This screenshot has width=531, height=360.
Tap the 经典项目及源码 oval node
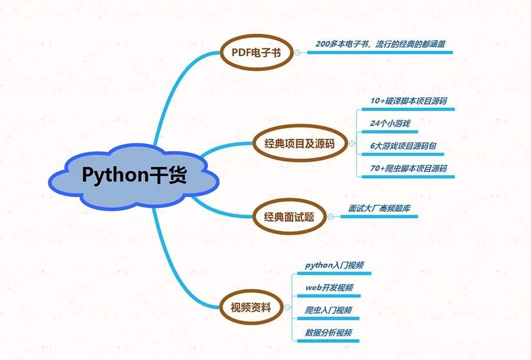pyautogui.click(x=301, y=142)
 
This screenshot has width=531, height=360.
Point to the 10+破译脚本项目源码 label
pyautogui.click(x=408, y=101)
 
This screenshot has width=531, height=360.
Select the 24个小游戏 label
pyautogui.click(x=390, y=123)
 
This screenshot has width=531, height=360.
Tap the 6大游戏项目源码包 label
pyautogui.click(x=403, y=146)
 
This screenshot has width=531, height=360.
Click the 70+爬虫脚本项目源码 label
pyautogui.click(x=408, y=168)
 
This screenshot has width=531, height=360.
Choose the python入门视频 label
pyautogui.click(x=334, y=266)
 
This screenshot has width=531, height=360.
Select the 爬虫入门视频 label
pyautogui.click(x=329, y=310)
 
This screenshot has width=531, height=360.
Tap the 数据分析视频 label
pyautogui.click(x=329, y=333)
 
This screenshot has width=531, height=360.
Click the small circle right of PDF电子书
pyautogui.click(x=298, y=53)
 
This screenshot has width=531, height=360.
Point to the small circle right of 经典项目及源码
pyautogui.click(x=352, y=142)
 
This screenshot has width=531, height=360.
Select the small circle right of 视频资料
pyautogui.click(x=286, y=307)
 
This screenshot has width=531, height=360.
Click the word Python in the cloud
pyautogui.click(x=112, y=176)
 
